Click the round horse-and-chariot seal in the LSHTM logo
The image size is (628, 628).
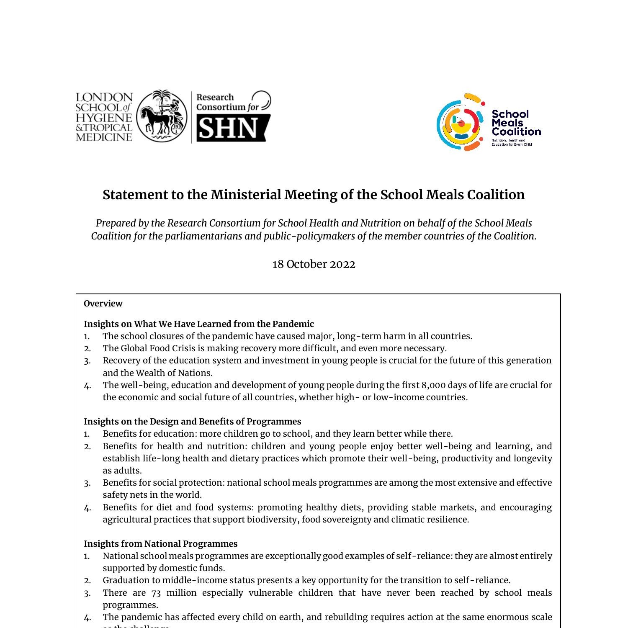162,116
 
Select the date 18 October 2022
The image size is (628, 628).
314,265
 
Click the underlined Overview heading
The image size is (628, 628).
103,304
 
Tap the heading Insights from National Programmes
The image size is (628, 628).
160,544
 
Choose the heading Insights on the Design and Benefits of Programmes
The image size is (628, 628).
192,422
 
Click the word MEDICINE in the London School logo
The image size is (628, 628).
104,137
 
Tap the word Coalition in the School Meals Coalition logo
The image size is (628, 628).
516,132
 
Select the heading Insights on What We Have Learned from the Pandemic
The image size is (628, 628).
198,324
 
